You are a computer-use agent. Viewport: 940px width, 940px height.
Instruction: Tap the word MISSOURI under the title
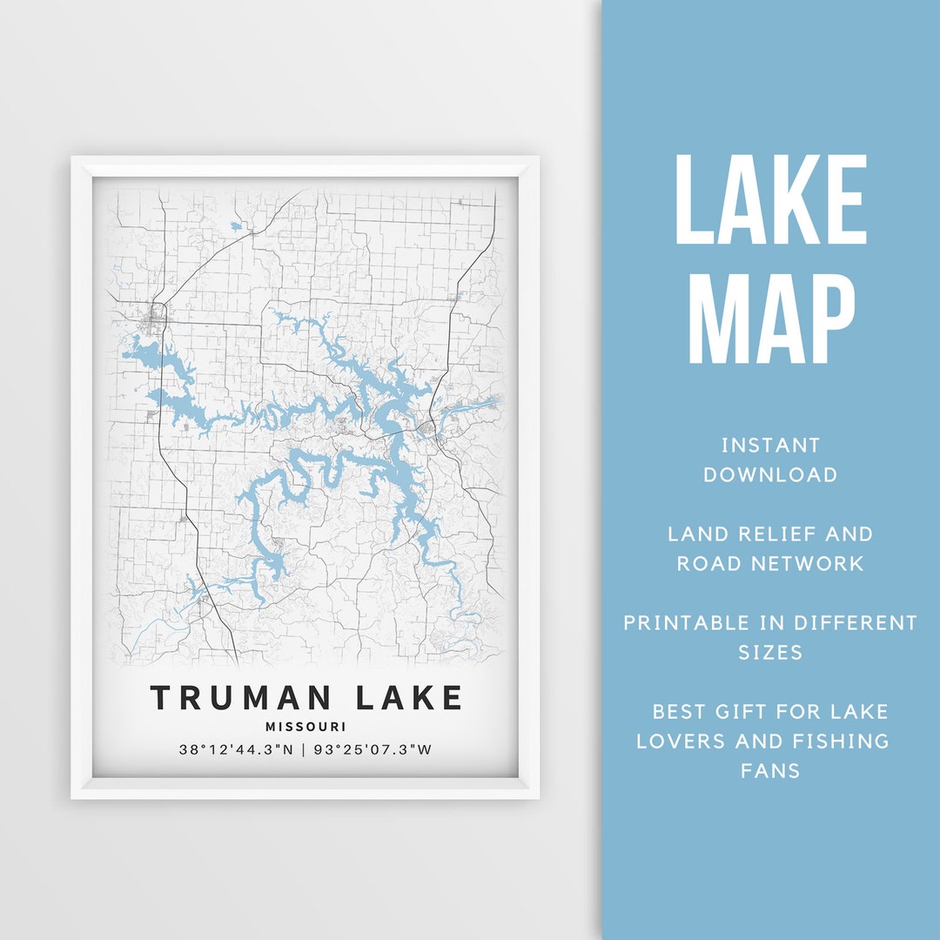click(x=305, y=727)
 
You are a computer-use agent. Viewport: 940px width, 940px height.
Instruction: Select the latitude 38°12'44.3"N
click(x=235, y=749)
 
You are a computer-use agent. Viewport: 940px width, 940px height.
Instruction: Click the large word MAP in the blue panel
click(x=771, y=317)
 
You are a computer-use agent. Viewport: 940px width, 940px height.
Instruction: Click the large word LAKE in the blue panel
click(x=771, y=200)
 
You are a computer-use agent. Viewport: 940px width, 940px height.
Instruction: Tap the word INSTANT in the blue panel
click(x=771, y=446)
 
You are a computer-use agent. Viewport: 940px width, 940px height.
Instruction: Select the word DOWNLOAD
click(x=771, y=474)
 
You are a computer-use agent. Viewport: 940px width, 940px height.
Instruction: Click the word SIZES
click(x=771, y=652)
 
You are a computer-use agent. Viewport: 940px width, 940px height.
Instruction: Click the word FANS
click(x=771, y=770)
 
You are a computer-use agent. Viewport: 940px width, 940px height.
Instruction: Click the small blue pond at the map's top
click(x=237, y=228)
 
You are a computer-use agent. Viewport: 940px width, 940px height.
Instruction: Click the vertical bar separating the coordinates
click(x=303, y=749)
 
